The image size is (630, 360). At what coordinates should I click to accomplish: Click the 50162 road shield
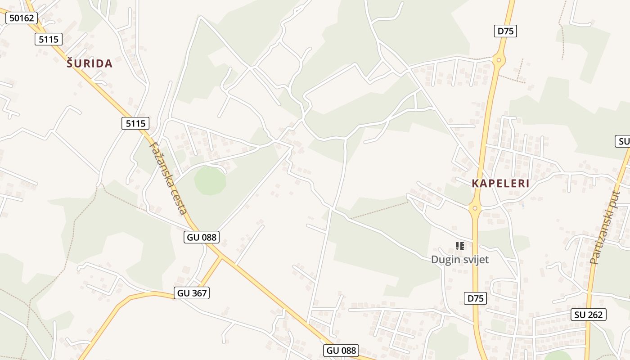click(22, 18)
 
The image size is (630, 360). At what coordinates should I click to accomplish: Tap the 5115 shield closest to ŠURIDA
click(49, 39)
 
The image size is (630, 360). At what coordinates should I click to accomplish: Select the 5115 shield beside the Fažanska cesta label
click(135, 123)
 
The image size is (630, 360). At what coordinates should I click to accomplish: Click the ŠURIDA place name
click(90, 63)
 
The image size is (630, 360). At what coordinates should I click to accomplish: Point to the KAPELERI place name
click(501, 184)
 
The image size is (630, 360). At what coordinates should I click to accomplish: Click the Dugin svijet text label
click(459, 260)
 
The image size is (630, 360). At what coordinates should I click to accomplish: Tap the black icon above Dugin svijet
click(459, 246)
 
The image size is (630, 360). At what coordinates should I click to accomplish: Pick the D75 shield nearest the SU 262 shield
click(475, 298)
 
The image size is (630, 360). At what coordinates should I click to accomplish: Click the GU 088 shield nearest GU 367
click(201, 237)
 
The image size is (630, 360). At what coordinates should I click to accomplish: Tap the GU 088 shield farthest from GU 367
click(341, 351)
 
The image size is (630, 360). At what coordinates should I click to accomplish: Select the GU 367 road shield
click(192, 293)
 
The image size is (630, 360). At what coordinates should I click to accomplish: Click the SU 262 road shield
click(589, 315)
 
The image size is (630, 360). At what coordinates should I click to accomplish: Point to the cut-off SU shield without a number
click(623, 141)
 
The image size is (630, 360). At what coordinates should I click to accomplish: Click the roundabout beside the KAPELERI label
click(474, 208)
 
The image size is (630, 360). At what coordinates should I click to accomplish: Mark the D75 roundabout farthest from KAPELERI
click(499, 59)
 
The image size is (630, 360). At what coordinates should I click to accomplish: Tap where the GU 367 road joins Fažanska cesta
click(221, 258)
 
